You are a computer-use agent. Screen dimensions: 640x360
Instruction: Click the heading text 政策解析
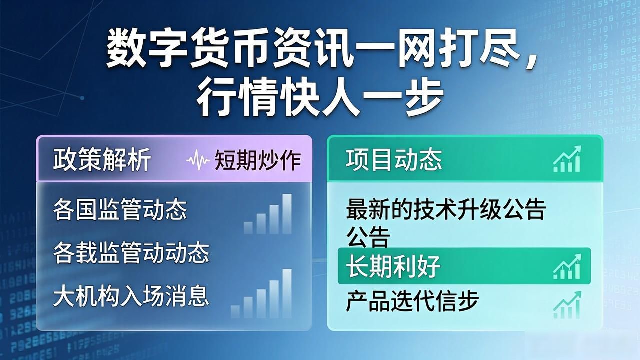click(102, 159)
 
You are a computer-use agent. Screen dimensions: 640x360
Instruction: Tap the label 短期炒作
click(257, 160)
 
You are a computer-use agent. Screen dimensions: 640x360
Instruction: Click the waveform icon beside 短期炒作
click(198, 160)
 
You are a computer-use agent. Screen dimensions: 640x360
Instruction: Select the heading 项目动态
click(394, 159)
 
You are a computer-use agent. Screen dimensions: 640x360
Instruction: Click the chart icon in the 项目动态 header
click(567, 159)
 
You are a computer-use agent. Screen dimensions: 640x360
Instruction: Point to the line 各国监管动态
click(120, 210)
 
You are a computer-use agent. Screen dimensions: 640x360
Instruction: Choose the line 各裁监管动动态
click(131, 253)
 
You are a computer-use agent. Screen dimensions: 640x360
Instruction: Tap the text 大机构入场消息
click(131, 296)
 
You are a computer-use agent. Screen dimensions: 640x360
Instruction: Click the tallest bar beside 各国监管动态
click(287, 214)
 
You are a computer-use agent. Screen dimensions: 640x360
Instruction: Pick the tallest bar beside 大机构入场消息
click(287, 293)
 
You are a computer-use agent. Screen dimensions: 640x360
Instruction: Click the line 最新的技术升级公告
click(446, 210)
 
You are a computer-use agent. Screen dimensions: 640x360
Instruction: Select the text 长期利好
click(393, 267)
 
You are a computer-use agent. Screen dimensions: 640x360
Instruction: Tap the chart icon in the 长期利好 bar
click(567, 266)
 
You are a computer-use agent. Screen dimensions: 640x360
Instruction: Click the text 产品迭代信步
click(412, 301)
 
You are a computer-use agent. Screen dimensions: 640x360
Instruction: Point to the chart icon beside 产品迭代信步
click(567, 305)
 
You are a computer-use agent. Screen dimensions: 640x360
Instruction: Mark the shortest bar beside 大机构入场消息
click(235, 312)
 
